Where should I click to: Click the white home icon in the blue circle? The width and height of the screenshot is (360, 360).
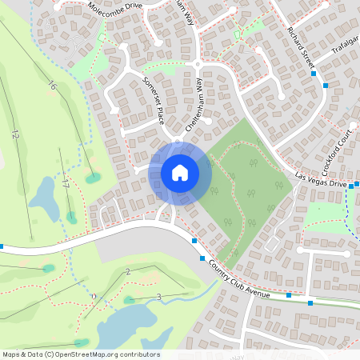point(180,173)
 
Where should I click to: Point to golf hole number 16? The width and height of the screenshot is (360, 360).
point(53,86)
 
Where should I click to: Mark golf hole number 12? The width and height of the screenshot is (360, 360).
point(14,135)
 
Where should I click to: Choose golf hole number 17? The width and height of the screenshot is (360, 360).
point(64,182)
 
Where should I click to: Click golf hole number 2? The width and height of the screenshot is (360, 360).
point(128,273)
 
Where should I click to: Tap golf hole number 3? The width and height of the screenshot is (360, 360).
point(158,298)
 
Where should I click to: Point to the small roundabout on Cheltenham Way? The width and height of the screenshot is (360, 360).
point(197,64)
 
